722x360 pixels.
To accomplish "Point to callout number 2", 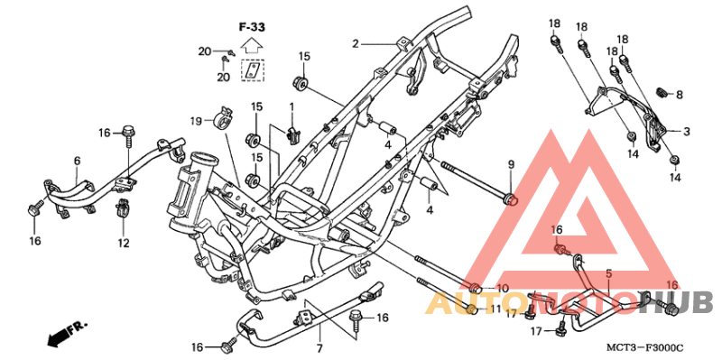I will point(356,43).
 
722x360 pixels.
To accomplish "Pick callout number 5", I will point(608,272).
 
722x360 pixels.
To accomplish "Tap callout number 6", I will point(77,161).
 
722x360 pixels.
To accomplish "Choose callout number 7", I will point(319,347).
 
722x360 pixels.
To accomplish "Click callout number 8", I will point(679,95).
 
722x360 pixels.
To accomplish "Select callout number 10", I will point(503,289).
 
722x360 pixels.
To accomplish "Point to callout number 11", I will point(495,309).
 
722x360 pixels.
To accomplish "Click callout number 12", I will point(123,243).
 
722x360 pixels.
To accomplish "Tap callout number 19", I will point(195,121).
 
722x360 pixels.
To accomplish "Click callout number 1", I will point(292,107).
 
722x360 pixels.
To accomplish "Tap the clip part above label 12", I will point(122,213).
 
